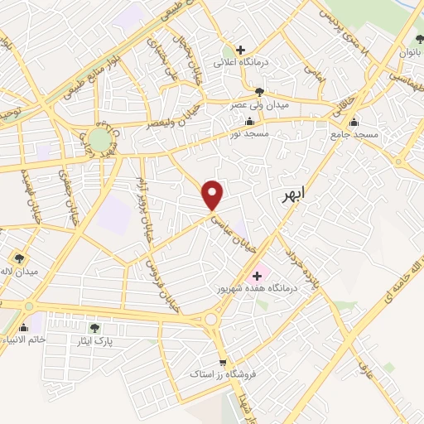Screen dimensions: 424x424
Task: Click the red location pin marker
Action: tap(214, 194)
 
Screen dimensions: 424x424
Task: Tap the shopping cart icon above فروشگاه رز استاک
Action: tap(222, 363)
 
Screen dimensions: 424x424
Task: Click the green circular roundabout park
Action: tap(99, 139)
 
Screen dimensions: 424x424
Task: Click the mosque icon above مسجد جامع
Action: tap(354, 122)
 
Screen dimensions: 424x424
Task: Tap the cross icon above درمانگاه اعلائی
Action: tap(241, 50)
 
